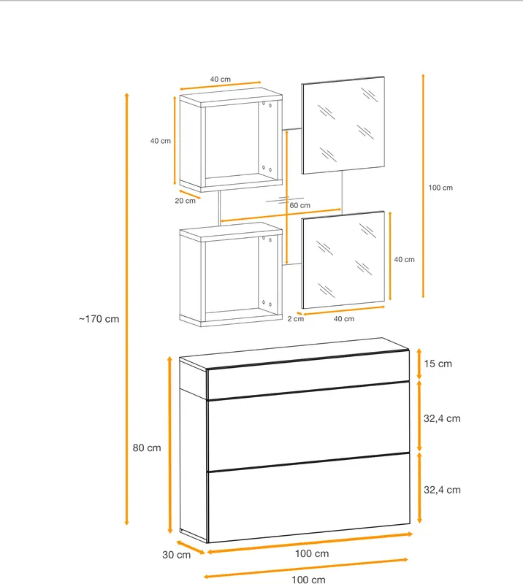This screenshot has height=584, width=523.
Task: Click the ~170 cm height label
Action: click(x=99, y=319)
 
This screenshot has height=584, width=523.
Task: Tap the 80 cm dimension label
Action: click(x=147, y=447)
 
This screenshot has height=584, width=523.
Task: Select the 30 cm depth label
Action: click(x=176, y=555)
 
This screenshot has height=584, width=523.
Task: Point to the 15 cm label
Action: click(x=438, y=364)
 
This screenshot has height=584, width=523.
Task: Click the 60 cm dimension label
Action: click(x=299, y=205)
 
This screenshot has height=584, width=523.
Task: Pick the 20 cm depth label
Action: click(x=186, y=201)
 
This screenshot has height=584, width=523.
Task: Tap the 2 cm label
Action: click(x=296, y=319)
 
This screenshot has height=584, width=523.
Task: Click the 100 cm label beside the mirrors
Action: click(x=440, y=188)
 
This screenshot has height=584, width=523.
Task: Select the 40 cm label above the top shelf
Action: click(x=221, y=80)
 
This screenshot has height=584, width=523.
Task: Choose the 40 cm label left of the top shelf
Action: click(x=161, y=141)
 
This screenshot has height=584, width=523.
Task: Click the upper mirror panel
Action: click(x=343, y=125)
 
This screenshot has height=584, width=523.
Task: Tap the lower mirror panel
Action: click(x=343, y=260)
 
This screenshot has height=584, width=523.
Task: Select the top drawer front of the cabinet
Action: click(x=308, y=374)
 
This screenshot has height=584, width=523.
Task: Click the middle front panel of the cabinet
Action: click(x=308, y=427)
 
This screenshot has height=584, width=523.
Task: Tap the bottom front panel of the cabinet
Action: click(x=308, y=498)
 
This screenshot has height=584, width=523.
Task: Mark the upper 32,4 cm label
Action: click(x=442, y=418)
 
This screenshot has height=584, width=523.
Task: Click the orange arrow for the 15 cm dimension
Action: click(x=419, y=364)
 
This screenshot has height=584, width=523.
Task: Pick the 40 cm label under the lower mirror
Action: click(x=344, y=319)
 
